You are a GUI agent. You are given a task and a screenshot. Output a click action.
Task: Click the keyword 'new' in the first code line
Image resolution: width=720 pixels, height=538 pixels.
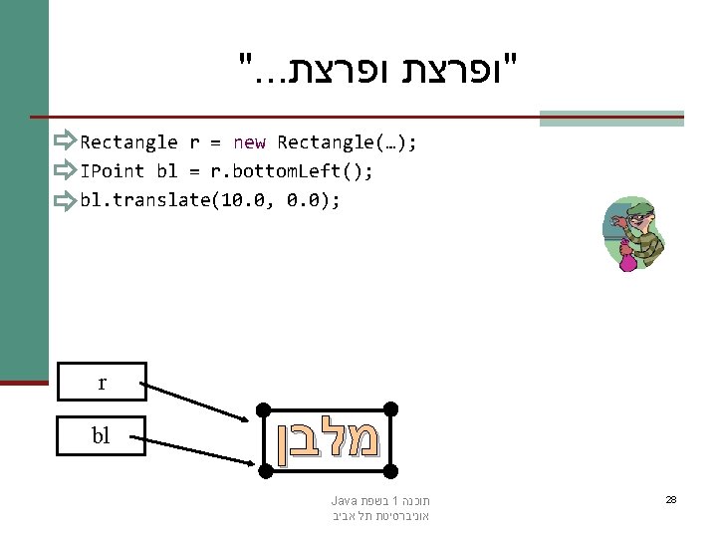pyautogui.click(x=249, y=142)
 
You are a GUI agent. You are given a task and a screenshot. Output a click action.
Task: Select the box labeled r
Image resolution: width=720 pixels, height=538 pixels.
pyautogui.click(x=102, y=382)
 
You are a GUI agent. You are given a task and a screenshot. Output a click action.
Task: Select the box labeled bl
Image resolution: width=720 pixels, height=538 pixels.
pyautogui.click(x=102, y=435)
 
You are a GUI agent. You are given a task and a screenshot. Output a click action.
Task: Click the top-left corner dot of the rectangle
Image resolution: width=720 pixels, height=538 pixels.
pyautogui.click(x=262, y=408)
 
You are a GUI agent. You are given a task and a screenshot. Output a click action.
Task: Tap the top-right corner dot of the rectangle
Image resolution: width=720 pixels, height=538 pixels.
pyautogui.click(x=391, y=408)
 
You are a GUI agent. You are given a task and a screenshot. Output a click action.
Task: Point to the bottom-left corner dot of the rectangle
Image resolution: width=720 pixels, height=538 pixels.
pyautogui.click(x=262, y=467)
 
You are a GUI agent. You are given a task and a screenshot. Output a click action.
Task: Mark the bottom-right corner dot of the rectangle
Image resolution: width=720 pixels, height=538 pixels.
pyautogui.click(x=391, y=467)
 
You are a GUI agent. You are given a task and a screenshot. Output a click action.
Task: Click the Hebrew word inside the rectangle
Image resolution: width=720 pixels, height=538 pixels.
pyautogui.click(x=328, y=438)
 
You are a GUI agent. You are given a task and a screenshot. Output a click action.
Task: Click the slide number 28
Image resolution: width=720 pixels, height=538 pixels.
pyautogui.click(x=671, y=499)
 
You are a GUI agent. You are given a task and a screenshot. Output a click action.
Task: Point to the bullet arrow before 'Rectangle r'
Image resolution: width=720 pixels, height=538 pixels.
pyautogui.click(x=67, y=142)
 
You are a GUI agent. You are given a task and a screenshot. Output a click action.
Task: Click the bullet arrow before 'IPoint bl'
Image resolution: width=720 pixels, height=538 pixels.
pyautogui.click(x=67, y=171)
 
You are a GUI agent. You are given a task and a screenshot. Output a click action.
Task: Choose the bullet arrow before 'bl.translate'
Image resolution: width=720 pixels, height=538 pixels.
pyautogui.click(x=67, y=201)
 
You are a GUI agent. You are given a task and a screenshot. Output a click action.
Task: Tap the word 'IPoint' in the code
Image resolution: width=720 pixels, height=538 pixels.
pyautogui.click(x=113, y=171)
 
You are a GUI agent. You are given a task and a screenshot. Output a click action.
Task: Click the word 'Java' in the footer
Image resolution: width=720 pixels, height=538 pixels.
pyautogui.click(x=343, y=500)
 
